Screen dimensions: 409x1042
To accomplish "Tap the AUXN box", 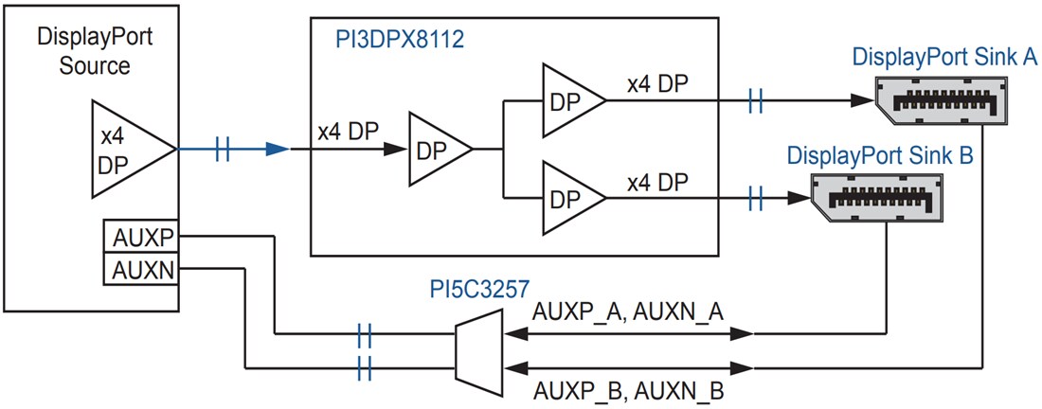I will coord(139,270).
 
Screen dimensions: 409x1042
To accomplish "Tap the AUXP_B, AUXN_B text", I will coord(629,389).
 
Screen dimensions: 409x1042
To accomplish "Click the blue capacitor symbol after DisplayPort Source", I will coord(223,149).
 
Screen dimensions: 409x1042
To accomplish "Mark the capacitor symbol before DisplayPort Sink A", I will coord(755,99).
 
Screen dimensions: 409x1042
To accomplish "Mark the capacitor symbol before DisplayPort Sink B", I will coord(755,198).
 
